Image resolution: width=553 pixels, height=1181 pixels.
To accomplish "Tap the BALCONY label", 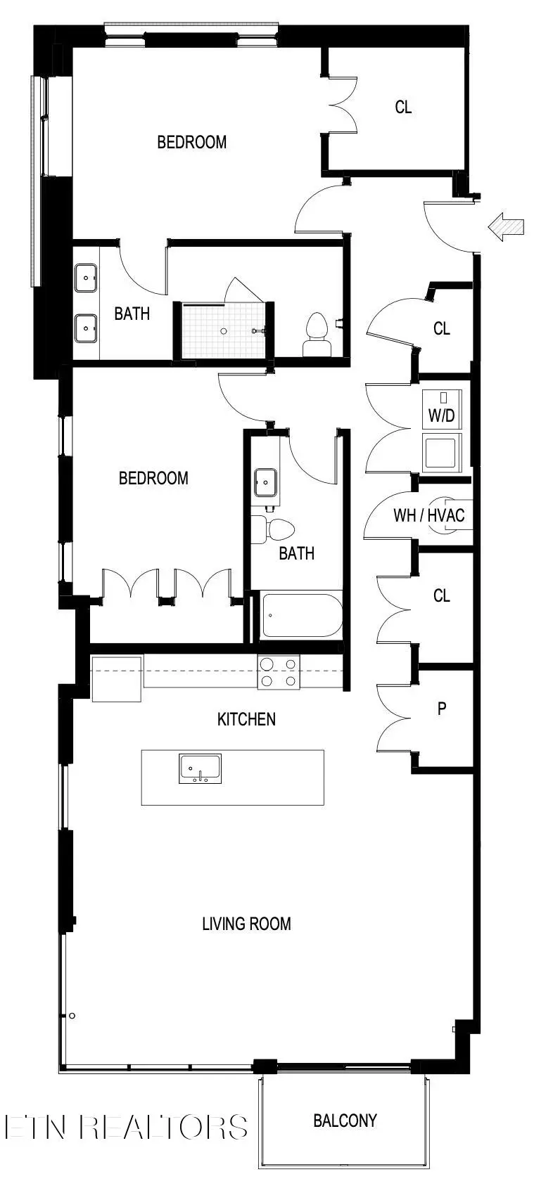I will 345,1121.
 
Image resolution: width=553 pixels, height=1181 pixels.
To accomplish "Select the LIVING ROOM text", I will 246,924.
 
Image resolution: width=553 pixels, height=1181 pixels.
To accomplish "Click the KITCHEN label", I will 246,719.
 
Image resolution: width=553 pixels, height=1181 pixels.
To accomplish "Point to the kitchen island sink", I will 201,769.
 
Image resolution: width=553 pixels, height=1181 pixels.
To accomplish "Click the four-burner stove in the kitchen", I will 279,671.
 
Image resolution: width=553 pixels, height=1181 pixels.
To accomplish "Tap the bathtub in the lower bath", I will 301,616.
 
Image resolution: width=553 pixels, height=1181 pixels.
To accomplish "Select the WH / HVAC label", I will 428,515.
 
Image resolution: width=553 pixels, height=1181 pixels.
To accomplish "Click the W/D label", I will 441,415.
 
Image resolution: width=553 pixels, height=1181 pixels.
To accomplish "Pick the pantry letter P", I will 442,708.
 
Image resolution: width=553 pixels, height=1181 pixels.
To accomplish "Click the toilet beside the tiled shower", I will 317,335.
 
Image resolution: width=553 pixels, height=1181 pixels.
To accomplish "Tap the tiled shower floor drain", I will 223,330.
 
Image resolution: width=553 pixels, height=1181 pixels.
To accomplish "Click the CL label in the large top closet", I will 403,108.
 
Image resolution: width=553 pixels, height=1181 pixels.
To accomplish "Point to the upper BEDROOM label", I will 191,142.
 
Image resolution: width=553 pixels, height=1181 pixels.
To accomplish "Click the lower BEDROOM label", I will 153,478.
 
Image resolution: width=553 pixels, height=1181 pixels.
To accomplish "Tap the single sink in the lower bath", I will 266,482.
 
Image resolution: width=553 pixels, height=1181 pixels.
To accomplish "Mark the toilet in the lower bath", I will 276,530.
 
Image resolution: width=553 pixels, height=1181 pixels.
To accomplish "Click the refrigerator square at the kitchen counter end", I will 117,678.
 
